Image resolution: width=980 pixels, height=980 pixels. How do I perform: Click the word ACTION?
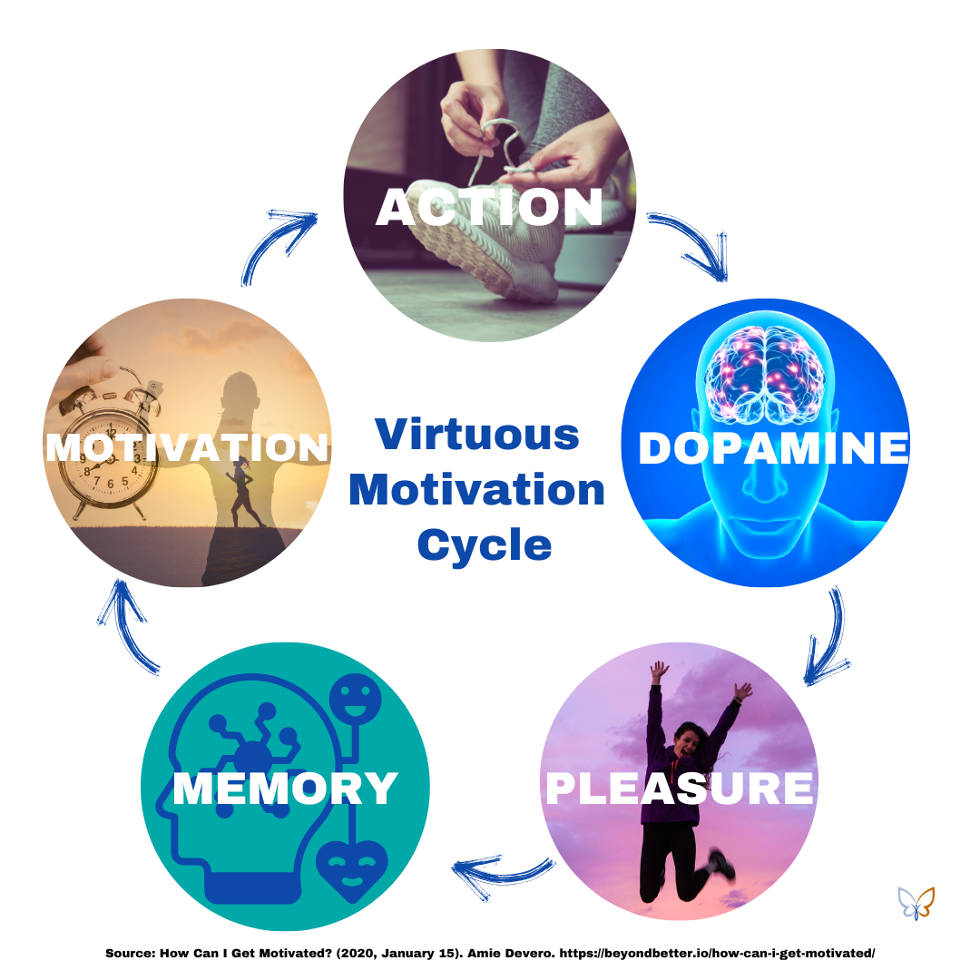pyautogui.click(x=489, y=208)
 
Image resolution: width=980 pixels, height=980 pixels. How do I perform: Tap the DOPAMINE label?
pyautogui.click(x=773, y=448)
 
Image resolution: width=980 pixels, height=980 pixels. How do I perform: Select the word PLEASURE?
pyautogui.click(x=679, y=788)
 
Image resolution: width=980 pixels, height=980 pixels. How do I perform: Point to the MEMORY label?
pyautogui.click(x=285, y=788)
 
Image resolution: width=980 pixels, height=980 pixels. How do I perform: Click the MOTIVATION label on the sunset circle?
pyautogui.click(x=187, y=447)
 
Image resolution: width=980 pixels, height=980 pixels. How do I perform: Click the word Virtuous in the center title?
pyautogui.click(x=477, y=435)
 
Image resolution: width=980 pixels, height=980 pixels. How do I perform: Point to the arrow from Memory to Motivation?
pyautogui.click(x=127, y=627)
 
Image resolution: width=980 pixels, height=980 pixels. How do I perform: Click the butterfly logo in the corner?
pyautogui.click(x=916, y=902)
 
